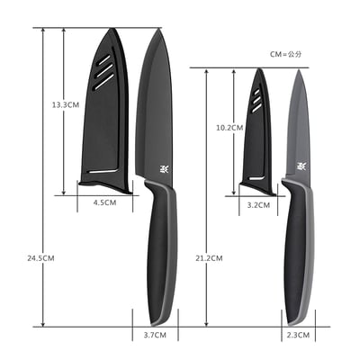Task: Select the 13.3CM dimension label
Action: pyautogui.click(x=65, y=104)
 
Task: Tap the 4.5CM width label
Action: pyautogui.click(x=104, y=203)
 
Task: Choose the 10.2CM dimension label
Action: pyautogui.click(x=230, y=128)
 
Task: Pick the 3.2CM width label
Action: pyautogui.click(x=257, y=204)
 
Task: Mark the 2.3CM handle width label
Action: pyautogui.click(x=299, y=335)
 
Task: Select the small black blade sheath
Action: pyautogui.click(x=258, y=139)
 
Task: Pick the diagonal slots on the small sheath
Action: pyautogui.click(x=259, y=101)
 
